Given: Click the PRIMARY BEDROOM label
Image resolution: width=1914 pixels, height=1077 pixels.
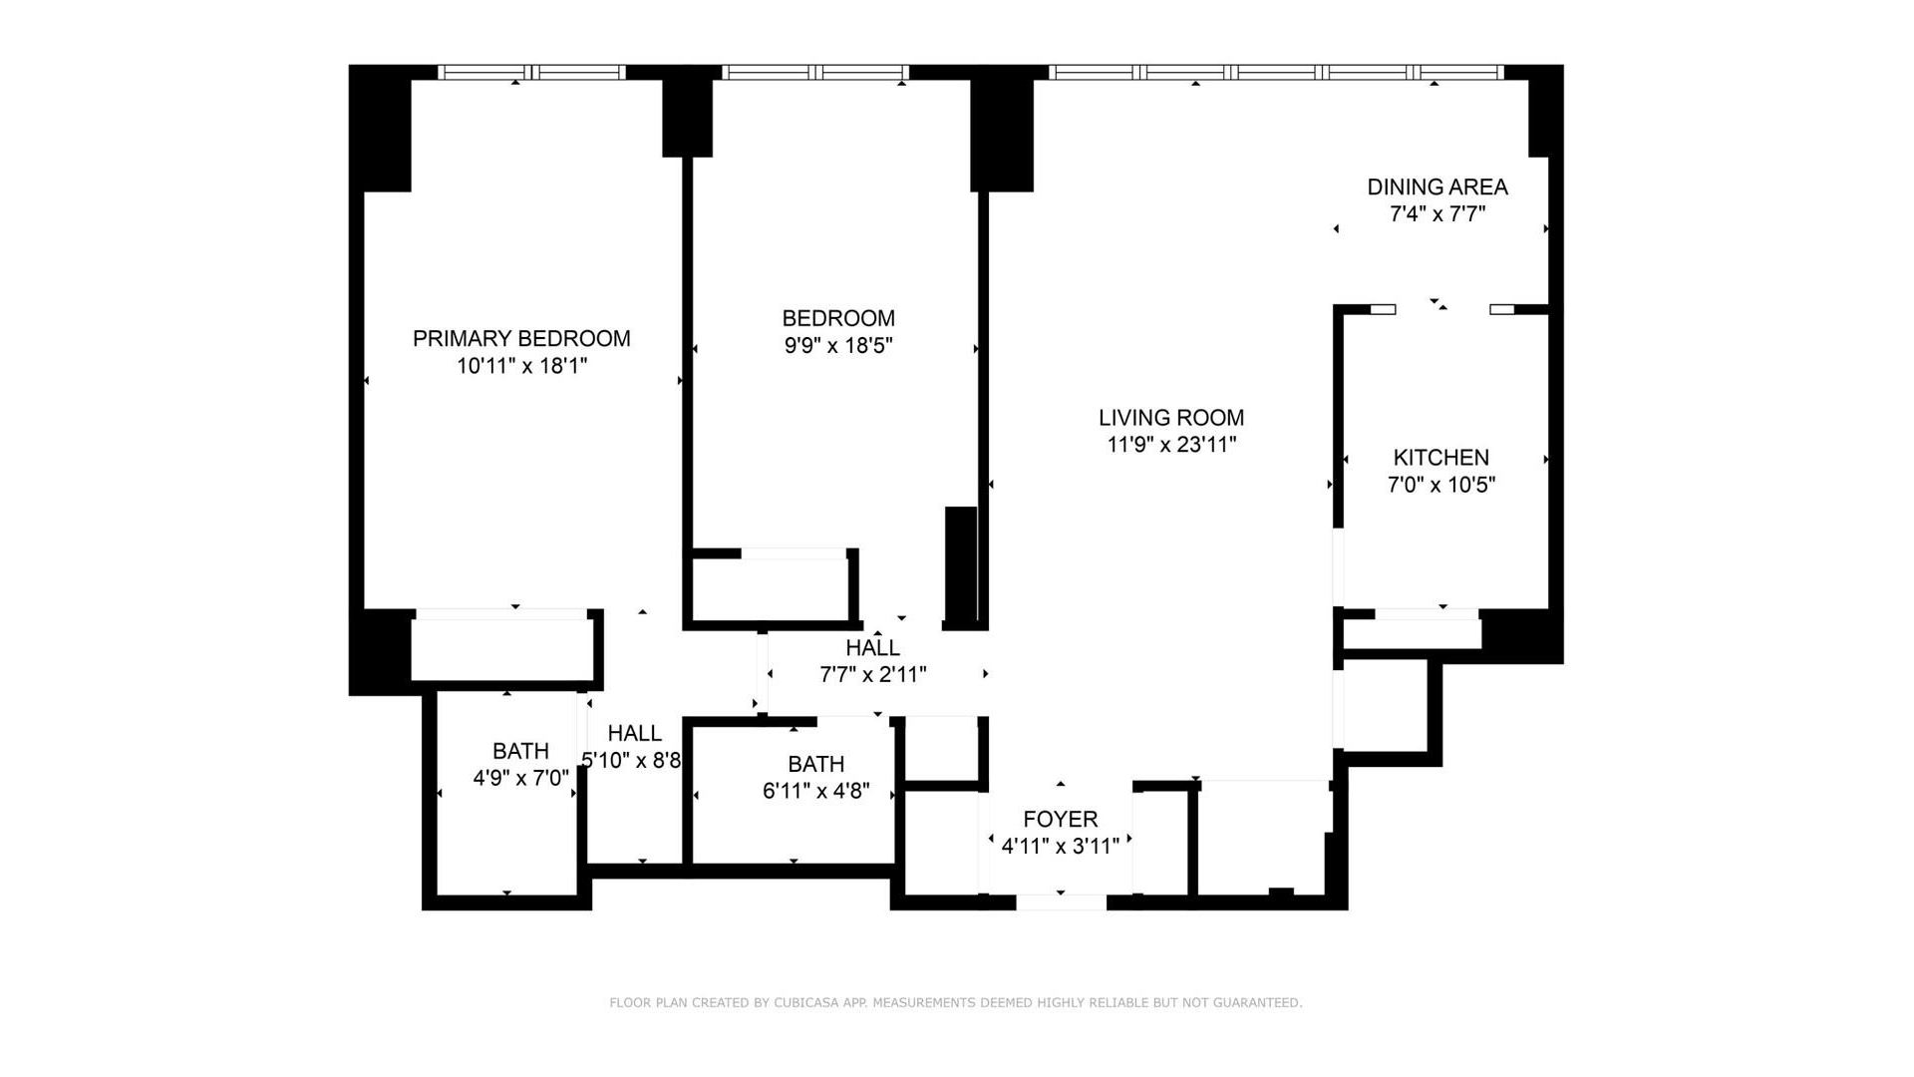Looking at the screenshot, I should tap(521, 339).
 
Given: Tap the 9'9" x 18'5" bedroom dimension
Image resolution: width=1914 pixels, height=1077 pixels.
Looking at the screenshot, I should tap(837, 346).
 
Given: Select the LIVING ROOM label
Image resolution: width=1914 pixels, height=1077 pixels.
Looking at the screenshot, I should tap(1171, 418).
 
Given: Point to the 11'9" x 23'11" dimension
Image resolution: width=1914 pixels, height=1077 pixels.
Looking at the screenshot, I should tap(1171, 445).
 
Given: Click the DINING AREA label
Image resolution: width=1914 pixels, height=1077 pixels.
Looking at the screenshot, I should tap(1436, 187).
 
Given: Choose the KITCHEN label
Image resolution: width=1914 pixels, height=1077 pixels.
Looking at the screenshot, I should tap(1440, 458).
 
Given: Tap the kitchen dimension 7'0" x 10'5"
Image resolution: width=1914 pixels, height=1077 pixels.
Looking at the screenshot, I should tap(1440, 486).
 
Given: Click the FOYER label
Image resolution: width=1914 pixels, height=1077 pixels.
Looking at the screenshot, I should tap(1060, 820).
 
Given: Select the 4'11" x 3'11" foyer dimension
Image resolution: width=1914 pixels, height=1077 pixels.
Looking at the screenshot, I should tap(1060, 847).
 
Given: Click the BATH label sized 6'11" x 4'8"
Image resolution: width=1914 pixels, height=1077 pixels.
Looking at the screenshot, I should tap(815, 765).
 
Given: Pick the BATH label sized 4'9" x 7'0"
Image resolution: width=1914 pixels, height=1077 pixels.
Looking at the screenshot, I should tap(520, 751).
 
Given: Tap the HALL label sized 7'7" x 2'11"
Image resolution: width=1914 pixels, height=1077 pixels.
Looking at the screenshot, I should tap(872, 648).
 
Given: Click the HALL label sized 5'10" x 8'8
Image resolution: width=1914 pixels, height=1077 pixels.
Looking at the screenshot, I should tap(634, 734).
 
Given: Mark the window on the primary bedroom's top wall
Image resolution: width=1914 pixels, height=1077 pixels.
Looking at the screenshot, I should tap(532, 72).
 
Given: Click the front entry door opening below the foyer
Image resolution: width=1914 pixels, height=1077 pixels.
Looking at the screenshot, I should tap(1061, 902).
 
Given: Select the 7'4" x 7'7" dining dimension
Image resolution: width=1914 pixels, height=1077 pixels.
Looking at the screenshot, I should tap(1436, 214).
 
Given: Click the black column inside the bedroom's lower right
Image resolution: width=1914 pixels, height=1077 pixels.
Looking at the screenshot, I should tap(961, 566).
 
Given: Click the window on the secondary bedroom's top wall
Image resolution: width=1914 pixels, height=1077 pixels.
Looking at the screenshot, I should tap(815, 72).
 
